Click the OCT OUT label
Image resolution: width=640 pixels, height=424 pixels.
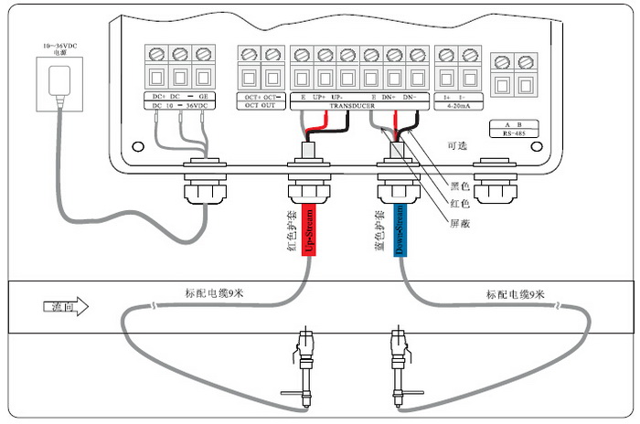[x=258, y=106]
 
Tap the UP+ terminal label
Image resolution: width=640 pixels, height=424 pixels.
[x=319, y=96]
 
